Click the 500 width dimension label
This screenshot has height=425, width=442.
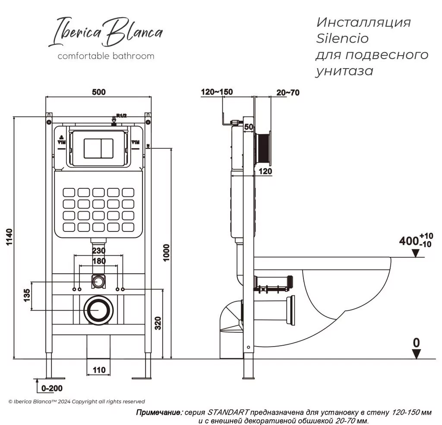[x=98, y=92]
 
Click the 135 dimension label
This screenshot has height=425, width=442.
[x=27, y=297]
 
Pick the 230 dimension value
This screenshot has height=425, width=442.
[x=99, y=250]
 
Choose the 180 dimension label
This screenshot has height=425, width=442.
[x=99, y=261]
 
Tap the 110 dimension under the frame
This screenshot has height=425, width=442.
[x=99, y=370]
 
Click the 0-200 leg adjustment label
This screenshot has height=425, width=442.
[x=52, y=388]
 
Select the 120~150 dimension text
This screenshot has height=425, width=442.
[x=217, y=92]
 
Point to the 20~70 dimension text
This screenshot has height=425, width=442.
[x=287, y=92]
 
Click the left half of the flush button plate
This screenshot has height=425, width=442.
[x=92, y=148]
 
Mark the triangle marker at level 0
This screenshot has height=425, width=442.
[x=416, y=354]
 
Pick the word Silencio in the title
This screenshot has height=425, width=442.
[x=343, y=38]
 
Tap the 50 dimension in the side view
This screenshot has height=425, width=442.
[x=249, y=126]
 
